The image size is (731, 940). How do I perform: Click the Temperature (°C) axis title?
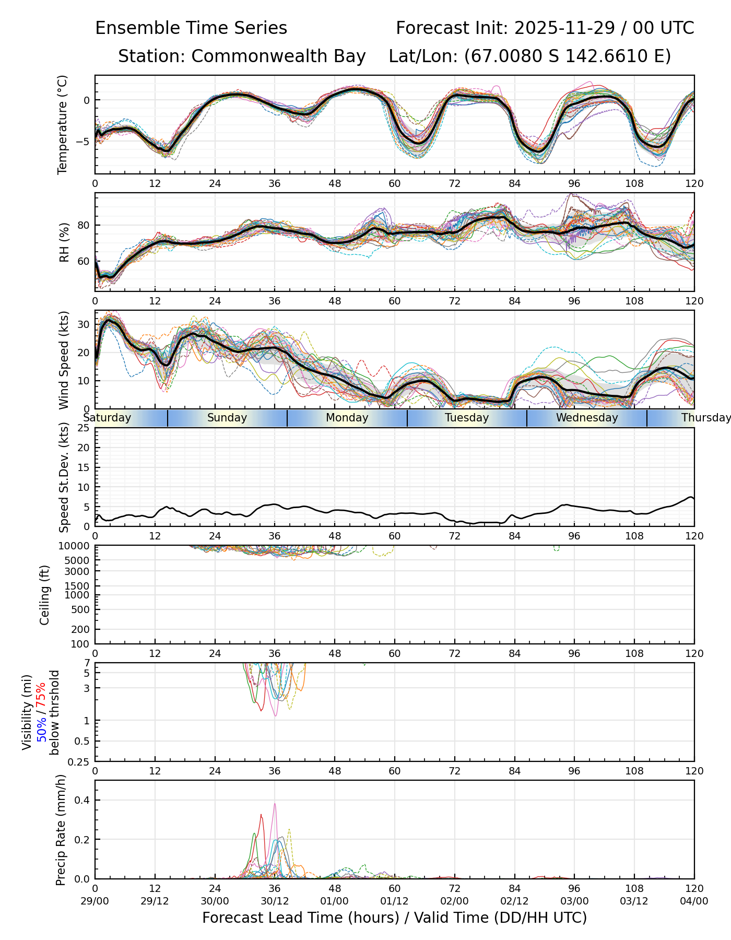tap(63, 124)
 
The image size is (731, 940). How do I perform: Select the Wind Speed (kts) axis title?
tap(64, 360)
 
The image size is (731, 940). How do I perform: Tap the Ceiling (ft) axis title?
tap(45, 595)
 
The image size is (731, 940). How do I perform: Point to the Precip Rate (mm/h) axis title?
tap(61, 830)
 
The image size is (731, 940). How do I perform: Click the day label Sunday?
tap(227, 418)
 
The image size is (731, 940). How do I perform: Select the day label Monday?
tap(347, 418)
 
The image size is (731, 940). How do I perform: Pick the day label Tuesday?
tap(467, 418)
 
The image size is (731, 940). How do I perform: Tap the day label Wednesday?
tap(586, 418)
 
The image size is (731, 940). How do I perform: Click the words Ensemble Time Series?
tap(191, 28)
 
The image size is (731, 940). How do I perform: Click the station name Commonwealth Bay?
tap(278, 56)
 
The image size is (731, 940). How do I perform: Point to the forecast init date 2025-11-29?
tap(565, 28)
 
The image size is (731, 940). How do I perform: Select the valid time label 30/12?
tap(275, 901)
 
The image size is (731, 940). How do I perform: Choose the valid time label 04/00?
tap(694, 901)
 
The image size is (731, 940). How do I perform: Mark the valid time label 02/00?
tap(454, 901)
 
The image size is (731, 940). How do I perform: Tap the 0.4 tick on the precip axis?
tap(84, 800)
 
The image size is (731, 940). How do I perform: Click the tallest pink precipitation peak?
tap(275, 804)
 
